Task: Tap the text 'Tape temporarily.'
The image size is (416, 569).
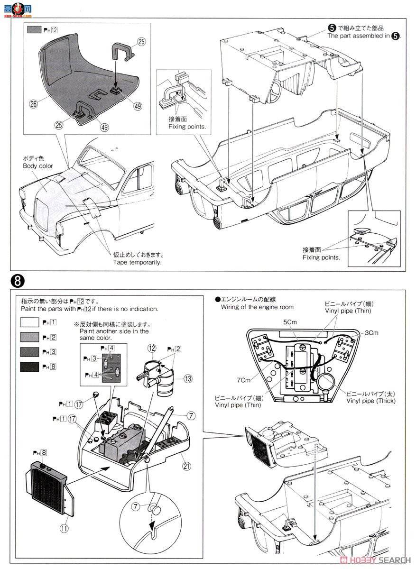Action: [138, 262]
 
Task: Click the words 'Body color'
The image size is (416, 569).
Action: [38, 166]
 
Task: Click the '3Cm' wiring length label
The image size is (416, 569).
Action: [371, 332]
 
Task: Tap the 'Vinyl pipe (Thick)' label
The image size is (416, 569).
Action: [370, 401]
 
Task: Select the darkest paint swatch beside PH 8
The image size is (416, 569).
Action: [30, 367]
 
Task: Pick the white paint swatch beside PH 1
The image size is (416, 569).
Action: [30, 322]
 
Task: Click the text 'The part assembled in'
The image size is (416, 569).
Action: [358, 36]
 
